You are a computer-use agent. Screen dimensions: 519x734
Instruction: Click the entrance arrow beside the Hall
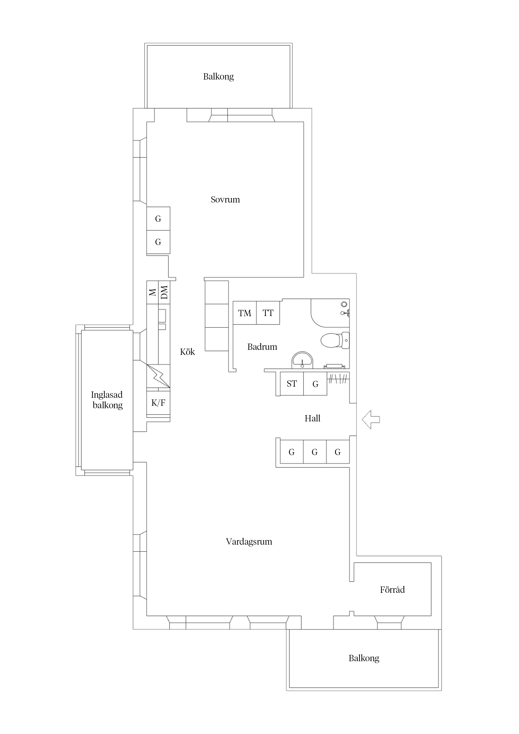pos(371,420)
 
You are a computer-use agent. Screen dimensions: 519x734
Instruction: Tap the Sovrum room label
pos(225,199)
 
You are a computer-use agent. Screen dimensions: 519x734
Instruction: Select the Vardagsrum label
pos(249,542)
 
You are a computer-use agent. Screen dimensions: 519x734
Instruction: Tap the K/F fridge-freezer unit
pos(158,403)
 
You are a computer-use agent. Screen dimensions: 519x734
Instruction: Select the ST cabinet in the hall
pos(292,384)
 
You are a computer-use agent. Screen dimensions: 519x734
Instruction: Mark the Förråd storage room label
pos(392,589)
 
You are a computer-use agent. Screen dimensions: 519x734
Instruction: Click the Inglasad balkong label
pos(107,400)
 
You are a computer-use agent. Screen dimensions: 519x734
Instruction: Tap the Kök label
pos(187,352)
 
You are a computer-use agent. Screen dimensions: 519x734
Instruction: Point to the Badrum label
pos(262,347)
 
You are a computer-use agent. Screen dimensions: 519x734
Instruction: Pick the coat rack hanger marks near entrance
pos(338,379)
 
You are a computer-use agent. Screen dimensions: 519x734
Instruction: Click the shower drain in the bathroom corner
pos(344,304)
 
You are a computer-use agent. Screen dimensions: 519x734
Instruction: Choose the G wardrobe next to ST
pos(315,384)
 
